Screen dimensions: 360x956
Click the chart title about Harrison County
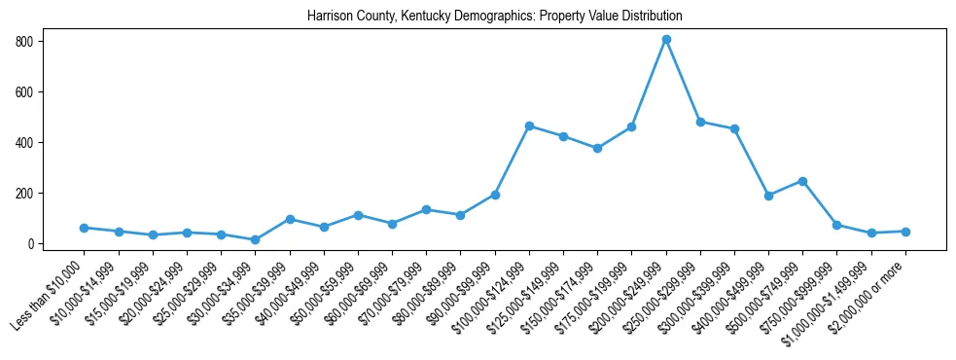[494, 17]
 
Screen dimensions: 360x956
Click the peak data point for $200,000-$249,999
[666, 40]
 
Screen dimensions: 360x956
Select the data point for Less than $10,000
[85, 228]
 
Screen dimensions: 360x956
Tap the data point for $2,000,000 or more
[905, 232]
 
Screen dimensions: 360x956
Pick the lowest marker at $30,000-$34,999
[255, 239]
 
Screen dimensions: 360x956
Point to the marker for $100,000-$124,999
[529, 126]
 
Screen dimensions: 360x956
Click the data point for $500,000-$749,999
[802, 181]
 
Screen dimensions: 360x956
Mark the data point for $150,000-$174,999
[597, 149]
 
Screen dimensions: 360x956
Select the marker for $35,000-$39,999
[290, 219]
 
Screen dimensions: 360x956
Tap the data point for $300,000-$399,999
[734, 128]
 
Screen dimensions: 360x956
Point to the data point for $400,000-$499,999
[768, 196]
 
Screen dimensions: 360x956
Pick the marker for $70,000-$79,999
[426, 209]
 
